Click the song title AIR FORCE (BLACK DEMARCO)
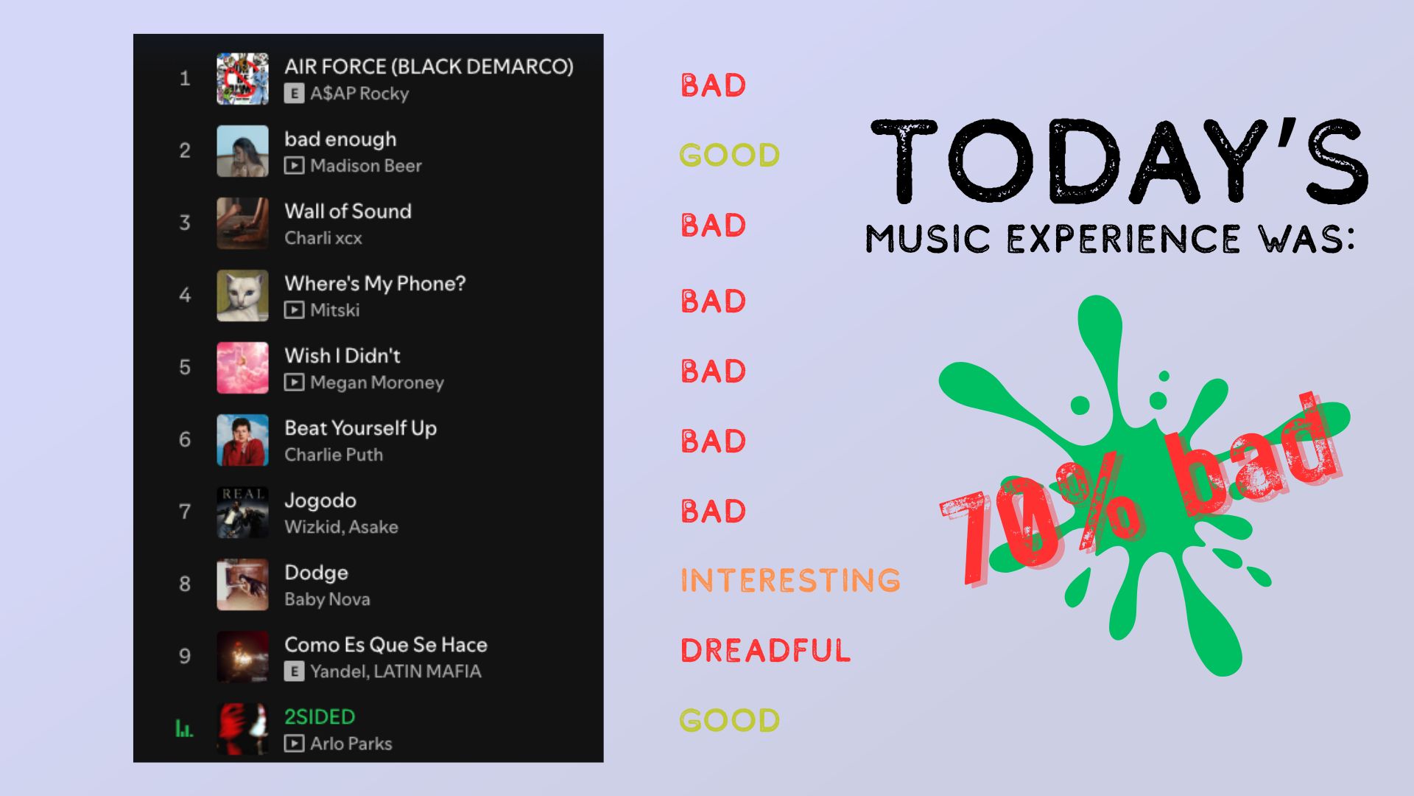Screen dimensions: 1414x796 click(429, 67)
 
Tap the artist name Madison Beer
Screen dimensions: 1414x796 click(365, 166)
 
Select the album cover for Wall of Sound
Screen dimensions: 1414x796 click(242, 223)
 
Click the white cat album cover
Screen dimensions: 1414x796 click(242, 296)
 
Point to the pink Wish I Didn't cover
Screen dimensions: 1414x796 click(242, 368)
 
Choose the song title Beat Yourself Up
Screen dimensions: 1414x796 click(360, 428)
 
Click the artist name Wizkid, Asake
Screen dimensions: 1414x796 click(341, 527)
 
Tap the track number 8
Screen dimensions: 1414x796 click(185, 584)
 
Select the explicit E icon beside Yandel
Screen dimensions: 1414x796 click(294, 671)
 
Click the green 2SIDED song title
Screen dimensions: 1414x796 click(320, 716)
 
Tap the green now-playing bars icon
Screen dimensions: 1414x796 click(183, 729)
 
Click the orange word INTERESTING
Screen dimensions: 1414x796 click(790, 581)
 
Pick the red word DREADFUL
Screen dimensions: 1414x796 click(765, 651)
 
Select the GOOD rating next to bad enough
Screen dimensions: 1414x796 click(729, 156)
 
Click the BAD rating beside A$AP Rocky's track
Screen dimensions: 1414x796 click(713, 85)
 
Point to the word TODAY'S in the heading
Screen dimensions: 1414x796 click(1119, 162)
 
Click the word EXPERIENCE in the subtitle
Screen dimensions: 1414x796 click(1123, 240)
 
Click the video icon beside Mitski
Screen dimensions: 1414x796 click(294, 310)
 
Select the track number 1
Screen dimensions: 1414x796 click(185, 79)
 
